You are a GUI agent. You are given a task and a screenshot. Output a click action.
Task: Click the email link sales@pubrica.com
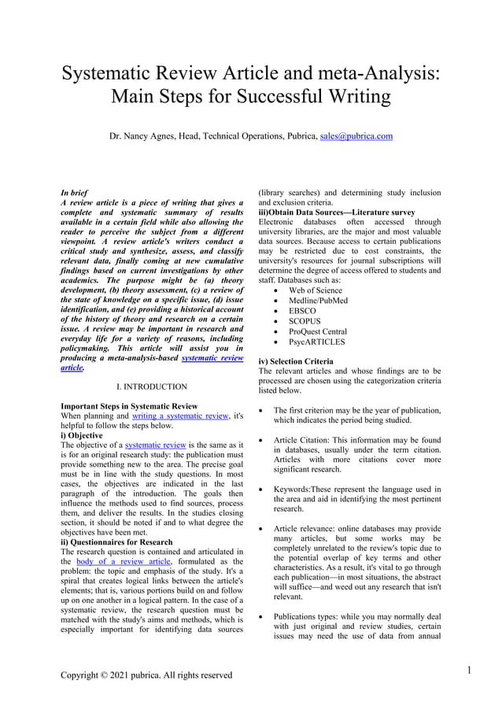pos(356,136)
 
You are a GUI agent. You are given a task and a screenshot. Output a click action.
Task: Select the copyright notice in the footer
pos(146,675)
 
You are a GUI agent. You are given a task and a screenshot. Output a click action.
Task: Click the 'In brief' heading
pos(74,192)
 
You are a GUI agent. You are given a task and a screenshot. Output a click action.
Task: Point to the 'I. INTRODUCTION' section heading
pos(151,386)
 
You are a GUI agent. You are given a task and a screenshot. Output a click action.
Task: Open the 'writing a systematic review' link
pos(180,416)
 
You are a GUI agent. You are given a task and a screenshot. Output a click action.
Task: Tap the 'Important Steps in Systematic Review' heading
pos(129,406)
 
